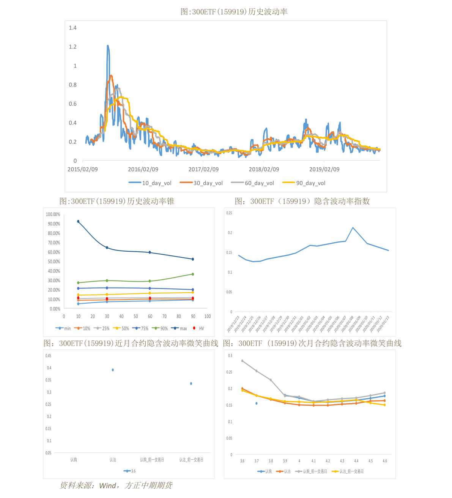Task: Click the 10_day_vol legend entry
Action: coord(150,183)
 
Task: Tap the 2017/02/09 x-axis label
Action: coord(203,169)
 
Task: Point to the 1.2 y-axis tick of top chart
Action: coord(72,47)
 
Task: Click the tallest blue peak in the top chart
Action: coord(108,46)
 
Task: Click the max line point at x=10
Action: coord(78,221)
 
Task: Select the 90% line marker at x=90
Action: coord(193,274)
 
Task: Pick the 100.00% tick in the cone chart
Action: coord(53,214)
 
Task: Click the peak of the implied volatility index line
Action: coord(353,228)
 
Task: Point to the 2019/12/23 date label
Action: coord(233,324)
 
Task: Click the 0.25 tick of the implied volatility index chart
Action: coord(229,213)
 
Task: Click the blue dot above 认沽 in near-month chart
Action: coord(113,370)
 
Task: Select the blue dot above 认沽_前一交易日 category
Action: coord(191,383)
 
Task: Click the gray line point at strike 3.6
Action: coord(242,361)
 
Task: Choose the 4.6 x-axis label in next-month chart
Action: coord(385,461)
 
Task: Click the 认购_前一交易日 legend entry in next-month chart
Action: coord(312,471)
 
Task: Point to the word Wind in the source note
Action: coord(107,485)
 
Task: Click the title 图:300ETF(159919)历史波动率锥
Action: coord(117,201)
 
